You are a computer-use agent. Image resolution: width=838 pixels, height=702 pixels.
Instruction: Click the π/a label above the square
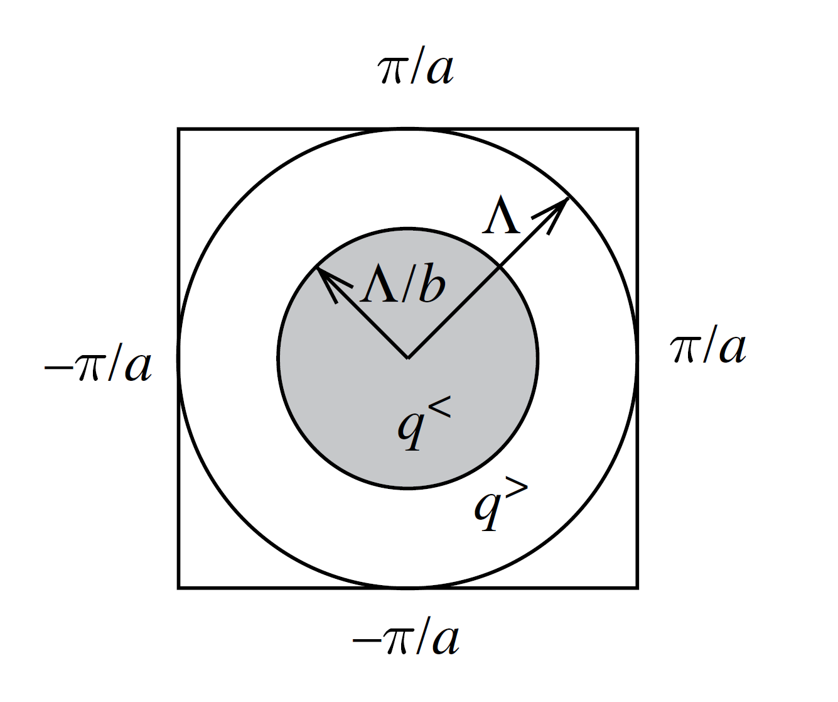tap(416, 69)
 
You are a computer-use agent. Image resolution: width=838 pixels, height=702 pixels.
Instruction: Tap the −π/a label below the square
tap(406, 640)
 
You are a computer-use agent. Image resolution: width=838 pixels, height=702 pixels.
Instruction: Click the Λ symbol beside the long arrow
tap(502, 216)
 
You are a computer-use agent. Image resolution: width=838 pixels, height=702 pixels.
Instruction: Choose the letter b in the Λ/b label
tap(432, 287)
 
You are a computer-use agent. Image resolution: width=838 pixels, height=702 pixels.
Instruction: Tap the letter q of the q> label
tap(488, 509)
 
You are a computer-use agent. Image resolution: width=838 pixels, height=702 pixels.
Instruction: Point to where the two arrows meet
tap(408, 358)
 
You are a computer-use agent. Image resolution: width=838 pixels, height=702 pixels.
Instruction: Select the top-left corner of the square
tap(179, 129)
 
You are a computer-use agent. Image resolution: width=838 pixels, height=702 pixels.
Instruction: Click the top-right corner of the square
tap(638, 129)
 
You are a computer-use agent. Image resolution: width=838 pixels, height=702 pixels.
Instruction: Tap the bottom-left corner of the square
tap(179, 588)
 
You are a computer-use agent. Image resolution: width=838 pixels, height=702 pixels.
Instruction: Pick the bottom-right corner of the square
tap(638, 588)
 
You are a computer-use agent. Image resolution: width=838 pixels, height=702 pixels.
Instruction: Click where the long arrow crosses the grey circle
tap(500, 267)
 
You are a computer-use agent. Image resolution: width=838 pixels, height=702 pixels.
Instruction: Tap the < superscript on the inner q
tap(440, 409)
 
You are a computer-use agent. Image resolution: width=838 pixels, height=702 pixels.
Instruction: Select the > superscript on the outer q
tap(516, 488)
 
